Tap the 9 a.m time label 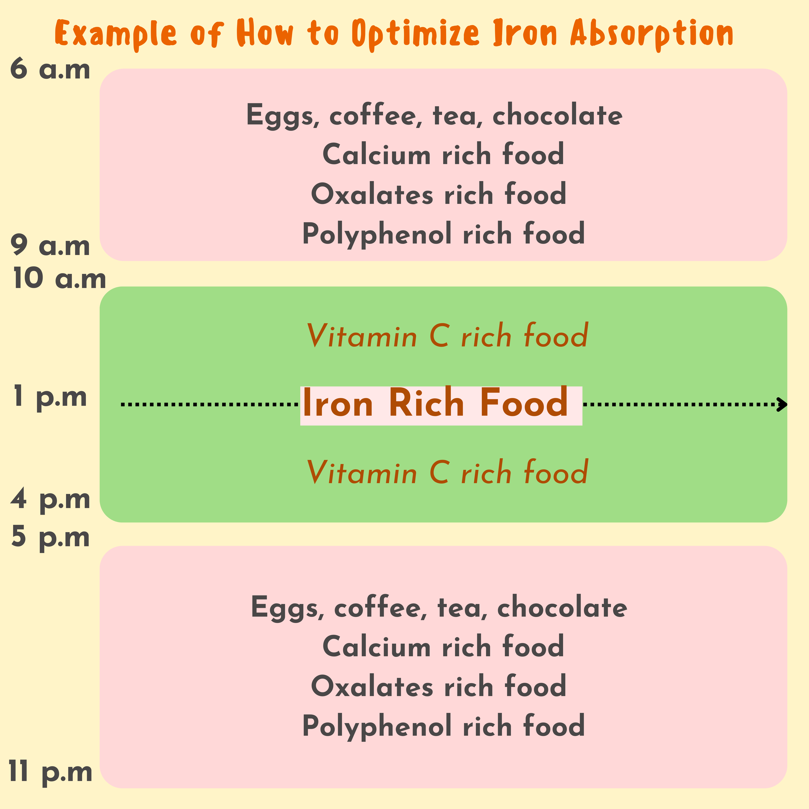pyautogui.click(x=50, y=246)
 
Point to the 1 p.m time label pyautogui.click(x=50, y=397)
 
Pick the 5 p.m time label pyautogui.click(x=50, y=537)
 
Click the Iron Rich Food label pyautogui.click(x=436, y=403)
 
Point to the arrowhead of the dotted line pyautogui.click(x=781, y=404)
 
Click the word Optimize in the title pyautogui.click(x=415, y=33)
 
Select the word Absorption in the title pyautogui.click(x=651, y=33)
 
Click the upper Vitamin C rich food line pyautogui.click(x=447, y=336)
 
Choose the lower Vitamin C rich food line pyautogui.click(x=447, y=472)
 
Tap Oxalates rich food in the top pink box pyautogui.click(x=438, y=194)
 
